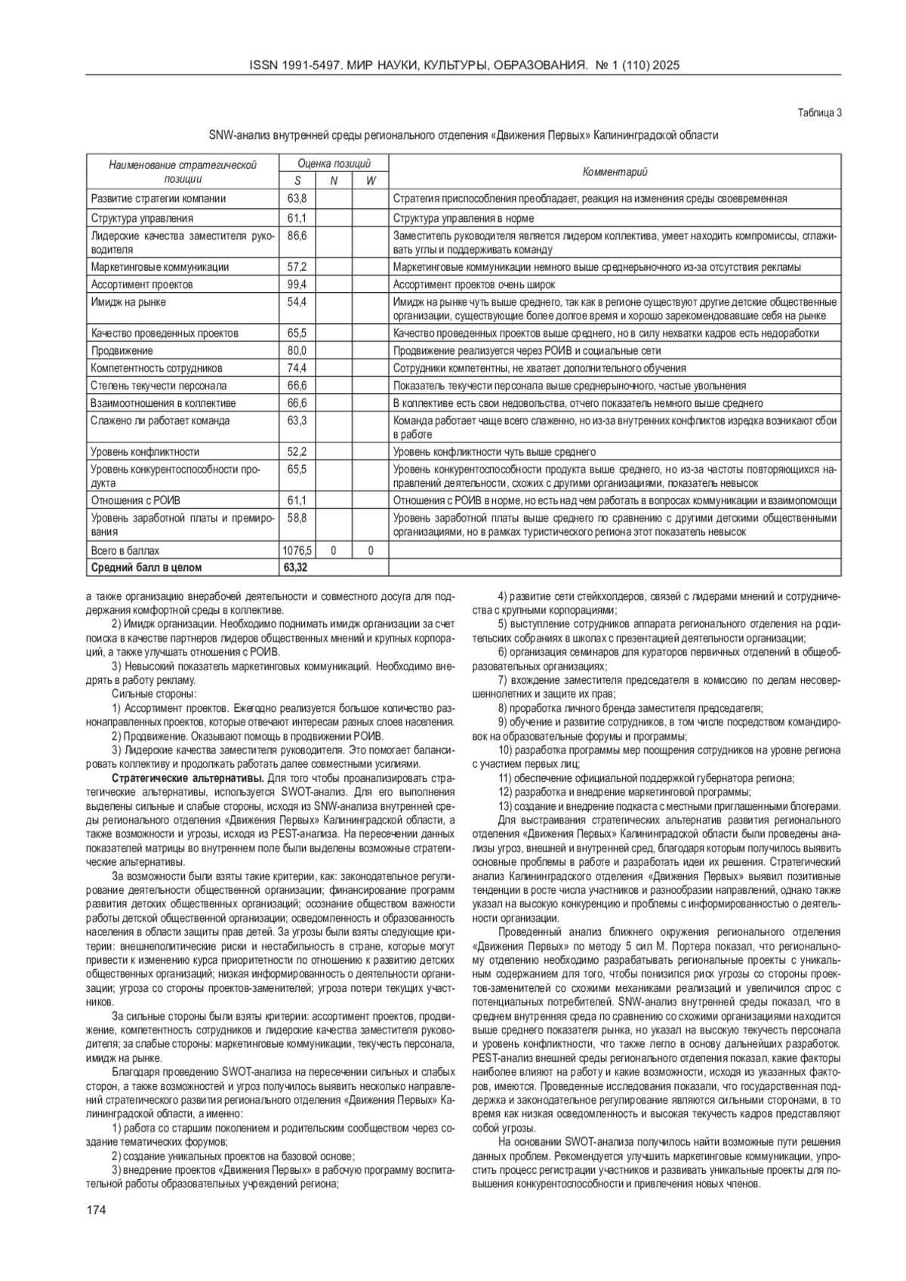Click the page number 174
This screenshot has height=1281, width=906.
click(x=96, y=1210)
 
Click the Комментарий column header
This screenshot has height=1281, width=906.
click(x=615, y=172)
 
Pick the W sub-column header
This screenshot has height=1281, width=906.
click(x=370, y=180)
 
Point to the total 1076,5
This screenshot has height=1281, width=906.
click(x=297, y=551)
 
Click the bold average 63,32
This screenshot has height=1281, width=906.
click(x=295, y=567)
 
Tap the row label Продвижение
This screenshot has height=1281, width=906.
click(x=122, y=351)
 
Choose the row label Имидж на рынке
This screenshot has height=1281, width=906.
click(x=128, y=303)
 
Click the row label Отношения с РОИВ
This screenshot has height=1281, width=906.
click(x=136, y=500)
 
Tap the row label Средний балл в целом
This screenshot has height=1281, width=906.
click(x=146, y=567)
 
